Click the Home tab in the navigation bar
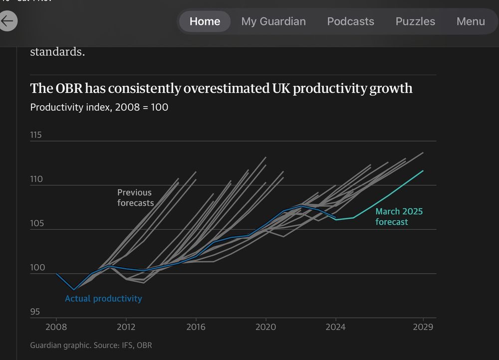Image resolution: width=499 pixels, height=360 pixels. coord(205,21)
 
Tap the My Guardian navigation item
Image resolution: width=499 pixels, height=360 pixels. coord(273,21)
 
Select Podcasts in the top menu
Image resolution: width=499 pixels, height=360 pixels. coord(350,21)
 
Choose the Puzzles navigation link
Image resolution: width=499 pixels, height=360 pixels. coord(415,21)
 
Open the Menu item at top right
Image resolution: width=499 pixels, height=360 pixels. coord(471,21)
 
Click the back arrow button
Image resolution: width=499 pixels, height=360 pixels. coord(7,21)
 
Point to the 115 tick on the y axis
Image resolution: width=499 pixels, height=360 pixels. coord(36,135)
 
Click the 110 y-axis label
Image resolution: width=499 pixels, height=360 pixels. coord(36,179)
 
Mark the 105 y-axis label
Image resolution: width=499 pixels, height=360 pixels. coord(37,223)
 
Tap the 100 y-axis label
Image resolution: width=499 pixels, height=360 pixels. coord(37,268)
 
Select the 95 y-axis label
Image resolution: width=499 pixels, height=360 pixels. coord(35,312)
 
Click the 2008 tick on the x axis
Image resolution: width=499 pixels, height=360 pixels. coord(56,327)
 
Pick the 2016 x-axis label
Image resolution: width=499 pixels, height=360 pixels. coord(196,327)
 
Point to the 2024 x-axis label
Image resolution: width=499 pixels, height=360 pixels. coord(336,327)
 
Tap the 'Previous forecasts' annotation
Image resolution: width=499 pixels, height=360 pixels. coord(135,197)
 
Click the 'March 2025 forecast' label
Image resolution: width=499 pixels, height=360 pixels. coord(399,216)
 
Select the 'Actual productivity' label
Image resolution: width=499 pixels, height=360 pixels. coord(103,299)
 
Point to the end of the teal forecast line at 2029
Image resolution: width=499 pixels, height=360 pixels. coord(423,171)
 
